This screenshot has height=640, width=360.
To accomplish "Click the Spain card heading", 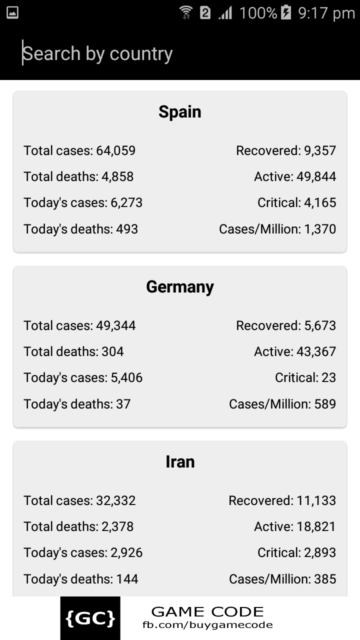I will coord(180,111).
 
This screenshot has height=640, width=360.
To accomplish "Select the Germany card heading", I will coord(180,287).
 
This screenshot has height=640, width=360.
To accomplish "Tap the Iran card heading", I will coord(180,461).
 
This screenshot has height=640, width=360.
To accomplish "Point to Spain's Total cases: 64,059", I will coord(79,150).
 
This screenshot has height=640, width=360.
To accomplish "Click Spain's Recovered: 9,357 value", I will coord(286,150).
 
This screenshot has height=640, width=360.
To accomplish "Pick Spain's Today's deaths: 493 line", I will coord(80,229).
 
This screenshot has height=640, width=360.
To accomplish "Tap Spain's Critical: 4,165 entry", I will coord(296,202).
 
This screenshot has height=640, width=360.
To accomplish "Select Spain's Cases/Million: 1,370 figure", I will coord(277,229).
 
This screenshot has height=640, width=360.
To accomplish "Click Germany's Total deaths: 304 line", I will coord(73,351).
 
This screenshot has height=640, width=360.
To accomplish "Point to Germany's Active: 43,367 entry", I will coord(295,351).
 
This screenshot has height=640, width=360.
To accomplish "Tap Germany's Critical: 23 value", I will coord(305,377).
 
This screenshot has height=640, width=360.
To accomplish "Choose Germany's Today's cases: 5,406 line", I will coord(83,377).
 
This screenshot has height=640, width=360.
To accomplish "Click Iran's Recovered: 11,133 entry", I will coord(282,500).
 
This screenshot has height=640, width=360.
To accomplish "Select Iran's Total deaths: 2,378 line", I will coord(78,526).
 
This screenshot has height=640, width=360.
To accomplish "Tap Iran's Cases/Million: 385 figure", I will coord(282,579).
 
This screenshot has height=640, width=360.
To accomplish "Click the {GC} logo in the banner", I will coord(90,618).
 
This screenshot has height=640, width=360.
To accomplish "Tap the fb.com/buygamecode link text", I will coord(207,625).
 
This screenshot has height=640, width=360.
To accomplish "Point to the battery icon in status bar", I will coord(286,12).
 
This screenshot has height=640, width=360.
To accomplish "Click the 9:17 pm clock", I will coord(326,12).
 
